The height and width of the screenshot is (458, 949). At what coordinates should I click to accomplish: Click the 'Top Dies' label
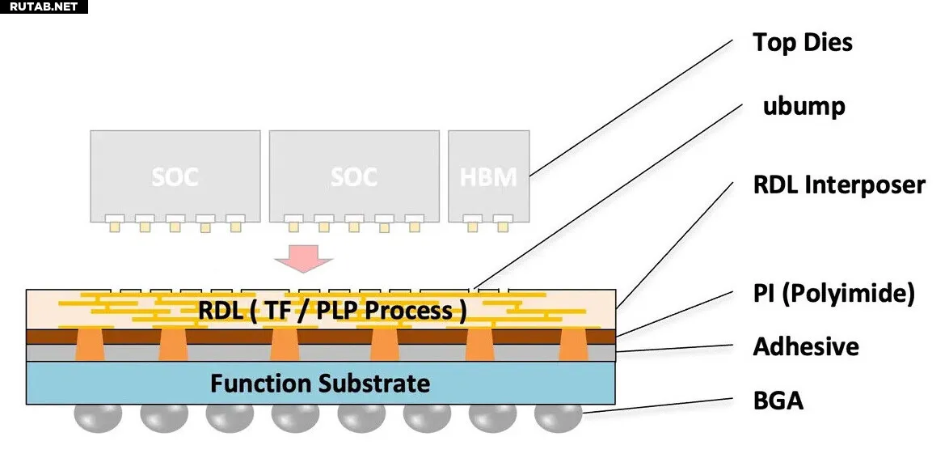(802, 42)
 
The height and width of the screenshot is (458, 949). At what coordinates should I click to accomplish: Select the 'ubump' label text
(803, 106)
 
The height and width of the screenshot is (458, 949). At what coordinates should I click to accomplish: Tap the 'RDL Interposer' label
(838, 184)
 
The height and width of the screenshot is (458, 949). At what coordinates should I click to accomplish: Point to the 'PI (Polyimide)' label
(833, 293)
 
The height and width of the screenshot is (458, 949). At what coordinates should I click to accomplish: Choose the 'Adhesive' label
(805, 346)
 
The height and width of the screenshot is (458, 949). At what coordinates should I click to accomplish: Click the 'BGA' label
(778, 400)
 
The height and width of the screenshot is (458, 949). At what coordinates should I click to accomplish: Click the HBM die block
(489, 174)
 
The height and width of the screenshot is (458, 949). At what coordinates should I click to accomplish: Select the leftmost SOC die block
(175, 174)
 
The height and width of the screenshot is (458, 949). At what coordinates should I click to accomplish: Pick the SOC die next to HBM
(354, 174)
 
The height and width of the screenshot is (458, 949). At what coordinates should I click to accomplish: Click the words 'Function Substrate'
(320, 383)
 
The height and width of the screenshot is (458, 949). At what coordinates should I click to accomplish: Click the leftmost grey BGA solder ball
(98, 417)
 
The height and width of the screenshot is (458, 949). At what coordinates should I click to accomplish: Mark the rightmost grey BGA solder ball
(559, 417)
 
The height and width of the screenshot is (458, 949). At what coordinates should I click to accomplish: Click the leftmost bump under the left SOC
(114, 223)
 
